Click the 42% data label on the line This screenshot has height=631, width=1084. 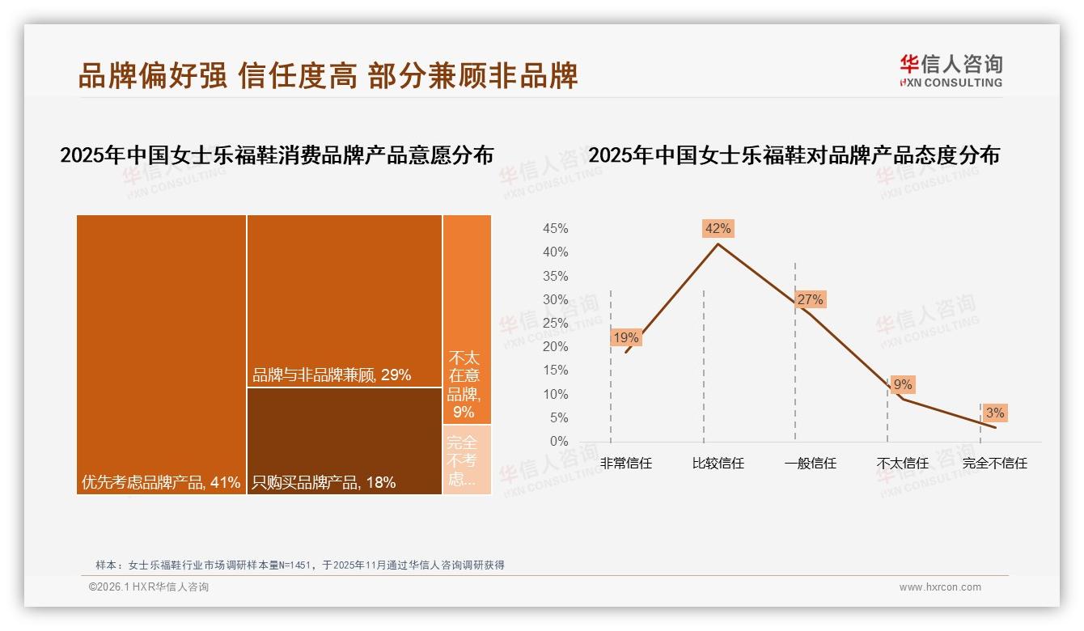[x=718, y=229]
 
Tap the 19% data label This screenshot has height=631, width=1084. [x=626, y=337]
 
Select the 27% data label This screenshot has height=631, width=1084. [x=810, y=300]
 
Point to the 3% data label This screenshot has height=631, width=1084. [x=995, y=413]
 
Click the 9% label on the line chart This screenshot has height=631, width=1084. [x=903, y=385]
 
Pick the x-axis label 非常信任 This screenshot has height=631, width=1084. [x=626, y=464]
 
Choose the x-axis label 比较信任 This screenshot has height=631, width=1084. [x=718, y=464]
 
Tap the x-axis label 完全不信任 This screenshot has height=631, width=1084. [x=995, y=464]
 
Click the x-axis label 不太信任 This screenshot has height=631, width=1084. [x=903, y=464]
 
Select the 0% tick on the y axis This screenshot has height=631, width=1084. [x=559, y=442]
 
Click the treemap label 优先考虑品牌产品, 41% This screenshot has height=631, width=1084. [x=161, y=483]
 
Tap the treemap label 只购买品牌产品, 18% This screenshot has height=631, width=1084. [x=324, y=483]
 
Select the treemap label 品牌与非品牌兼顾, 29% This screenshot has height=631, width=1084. [x=332, y=375]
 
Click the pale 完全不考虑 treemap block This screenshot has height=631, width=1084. [x=467, y=459]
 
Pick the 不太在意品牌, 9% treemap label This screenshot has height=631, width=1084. [x=464, y=385]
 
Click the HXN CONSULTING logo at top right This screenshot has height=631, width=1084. [x=951, y=70]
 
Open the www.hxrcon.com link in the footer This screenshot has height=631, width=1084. [x=940, y=587]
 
